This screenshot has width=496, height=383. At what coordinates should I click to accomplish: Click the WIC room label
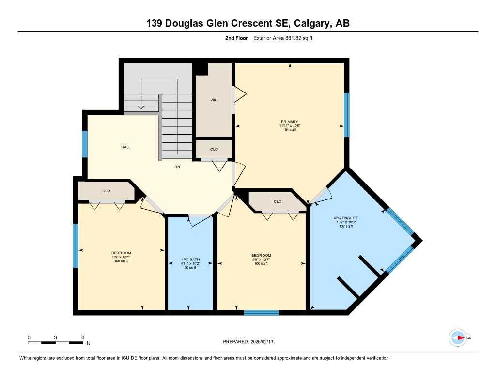[x=214, y=100]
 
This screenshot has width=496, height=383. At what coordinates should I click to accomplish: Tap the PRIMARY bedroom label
[x=289, y=122]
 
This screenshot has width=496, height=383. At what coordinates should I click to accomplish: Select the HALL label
[x=126, y=147]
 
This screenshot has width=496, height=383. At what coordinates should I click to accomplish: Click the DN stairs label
[x=178, y=167]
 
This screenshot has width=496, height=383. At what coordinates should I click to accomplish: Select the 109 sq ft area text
[x=121, y=261]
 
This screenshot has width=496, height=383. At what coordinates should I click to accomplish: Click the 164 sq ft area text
[x=289, y=130]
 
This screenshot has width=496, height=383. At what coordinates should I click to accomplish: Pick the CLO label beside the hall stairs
[x=214, y=149]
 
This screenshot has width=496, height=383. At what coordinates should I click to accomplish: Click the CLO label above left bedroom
[x=106, y=191]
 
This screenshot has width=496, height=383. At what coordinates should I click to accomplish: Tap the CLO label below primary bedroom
[x=278, y=201]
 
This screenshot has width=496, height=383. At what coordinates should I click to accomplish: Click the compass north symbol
[x=457, y=337]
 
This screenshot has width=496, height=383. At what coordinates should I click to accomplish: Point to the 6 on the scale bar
[x=83, y=337]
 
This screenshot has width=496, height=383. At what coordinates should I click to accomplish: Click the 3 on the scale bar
[x=56, y=337]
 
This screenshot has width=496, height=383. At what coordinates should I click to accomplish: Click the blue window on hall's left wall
[x=84, y=144]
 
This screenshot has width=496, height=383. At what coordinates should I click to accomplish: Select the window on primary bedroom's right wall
[x=346, y=115]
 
